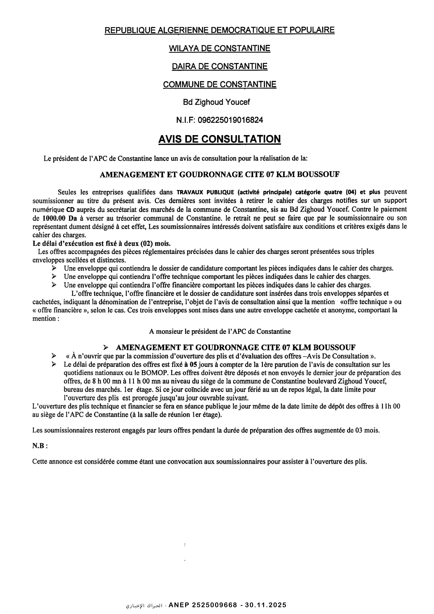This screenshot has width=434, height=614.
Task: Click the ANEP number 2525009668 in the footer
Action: pos(203,597)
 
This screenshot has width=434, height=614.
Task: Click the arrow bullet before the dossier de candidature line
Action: pos(54,268)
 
